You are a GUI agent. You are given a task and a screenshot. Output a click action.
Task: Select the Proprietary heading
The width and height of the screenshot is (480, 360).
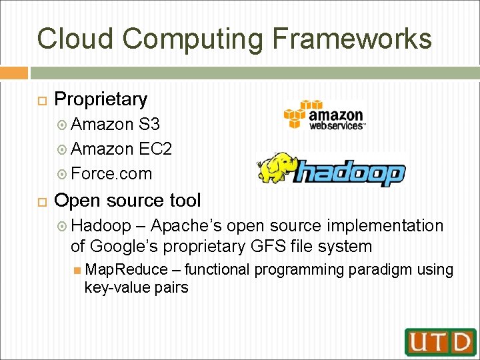point(101,99)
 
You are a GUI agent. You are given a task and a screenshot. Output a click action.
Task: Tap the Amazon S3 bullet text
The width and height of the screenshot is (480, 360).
point(115,124)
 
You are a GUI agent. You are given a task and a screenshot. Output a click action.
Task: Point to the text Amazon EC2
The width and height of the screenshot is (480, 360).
point(121,149)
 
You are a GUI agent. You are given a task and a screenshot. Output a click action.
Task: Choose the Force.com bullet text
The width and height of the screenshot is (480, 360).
point(111,173)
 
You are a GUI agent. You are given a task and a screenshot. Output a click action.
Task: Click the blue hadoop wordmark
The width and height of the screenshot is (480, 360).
point(349,173)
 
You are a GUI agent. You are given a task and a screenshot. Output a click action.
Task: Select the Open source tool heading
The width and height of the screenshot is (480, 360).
point(127,200)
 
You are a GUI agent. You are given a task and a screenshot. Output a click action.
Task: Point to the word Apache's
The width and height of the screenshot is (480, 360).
point(187,226)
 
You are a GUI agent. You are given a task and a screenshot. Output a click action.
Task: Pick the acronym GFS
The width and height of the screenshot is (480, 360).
point(268,246)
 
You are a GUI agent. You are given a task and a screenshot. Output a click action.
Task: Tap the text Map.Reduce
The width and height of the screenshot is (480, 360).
point(127,270)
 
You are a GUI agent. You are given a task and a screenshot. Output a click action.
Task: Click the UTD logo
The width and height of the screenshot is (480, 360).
point(440,342)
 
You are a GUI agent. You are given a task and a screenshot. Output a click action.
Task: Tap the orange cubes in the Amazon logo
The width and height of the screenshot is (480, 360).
point(297,114)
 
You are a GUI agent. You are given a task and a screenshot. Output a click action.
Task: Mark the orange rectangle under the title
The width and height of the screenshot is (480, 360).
point(14,73)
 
